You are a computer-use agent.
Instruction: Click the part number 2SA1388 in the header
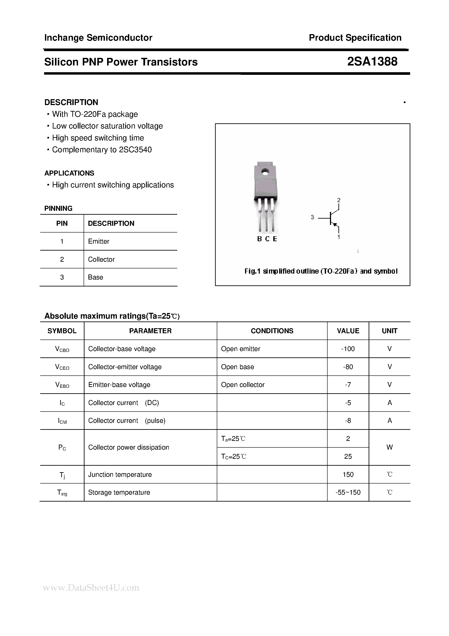click(x=372, y=62)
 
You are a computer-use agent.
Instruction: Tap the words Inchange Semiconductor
click(x=98, y=38)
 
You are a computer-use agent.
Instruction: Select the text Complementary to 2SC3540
click(x=102, y=150)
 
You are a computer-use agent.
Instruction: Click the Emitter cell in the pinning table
click(x=98, y=241)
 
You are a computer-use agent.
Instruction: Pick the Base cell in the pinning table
click(x=95, y=277)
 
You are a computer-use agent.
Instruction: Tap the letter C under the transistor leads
click(x=267, y=239)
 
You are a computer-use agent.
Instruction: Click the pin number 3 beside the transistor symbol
click(x=312, y=217)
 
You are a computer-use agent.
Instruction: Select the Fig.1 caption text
click(x=321, y=271)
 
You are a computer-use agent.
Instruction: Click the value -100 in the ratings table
click(x=348, y=349)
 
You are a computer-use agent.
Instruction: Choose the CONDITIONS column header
click(x=272, y=331)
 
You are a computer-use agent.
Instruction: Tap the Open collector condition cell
click(x=243, y=385)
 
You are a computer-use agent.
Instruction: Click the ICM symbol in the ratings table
click(x=62, y=421)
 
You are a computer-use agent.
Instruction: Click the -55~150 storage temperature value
click(x=348, y=492)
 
